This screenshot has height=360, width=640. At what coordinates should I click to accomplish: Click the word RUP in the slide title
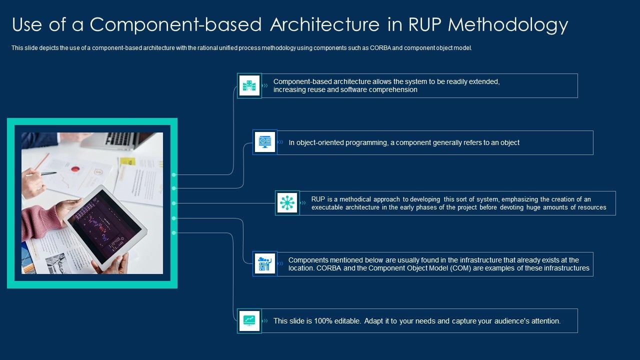tap(423, 24)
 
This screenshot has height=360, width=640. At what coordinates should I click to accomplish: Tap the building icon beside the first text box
tap(249, 85)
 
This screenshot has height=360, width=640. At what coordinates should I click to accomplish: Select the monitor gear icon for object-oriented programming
tap(264, 142)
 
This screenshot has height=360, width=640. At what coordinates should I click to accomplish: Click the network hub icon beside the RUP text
tap(287, 203)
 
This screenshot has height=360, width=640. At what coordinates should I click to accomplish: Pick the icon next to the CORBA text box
tap(264, 264)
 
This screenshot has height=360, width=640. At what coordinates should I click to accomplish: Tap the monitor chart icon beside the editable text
tap(249, 320)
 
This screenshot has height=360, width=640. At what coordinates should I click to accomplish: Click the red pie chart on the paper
tap(75, 169)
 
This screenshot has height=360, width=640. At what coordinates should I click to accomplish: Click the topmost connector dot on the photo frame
tap(173, 174)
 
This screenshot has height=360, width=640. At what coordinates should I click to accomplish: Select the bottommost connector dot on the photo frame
tap(173, 233)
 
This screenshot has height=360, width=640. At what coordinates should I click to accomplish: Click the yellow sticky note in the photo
tap(127, 161)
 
